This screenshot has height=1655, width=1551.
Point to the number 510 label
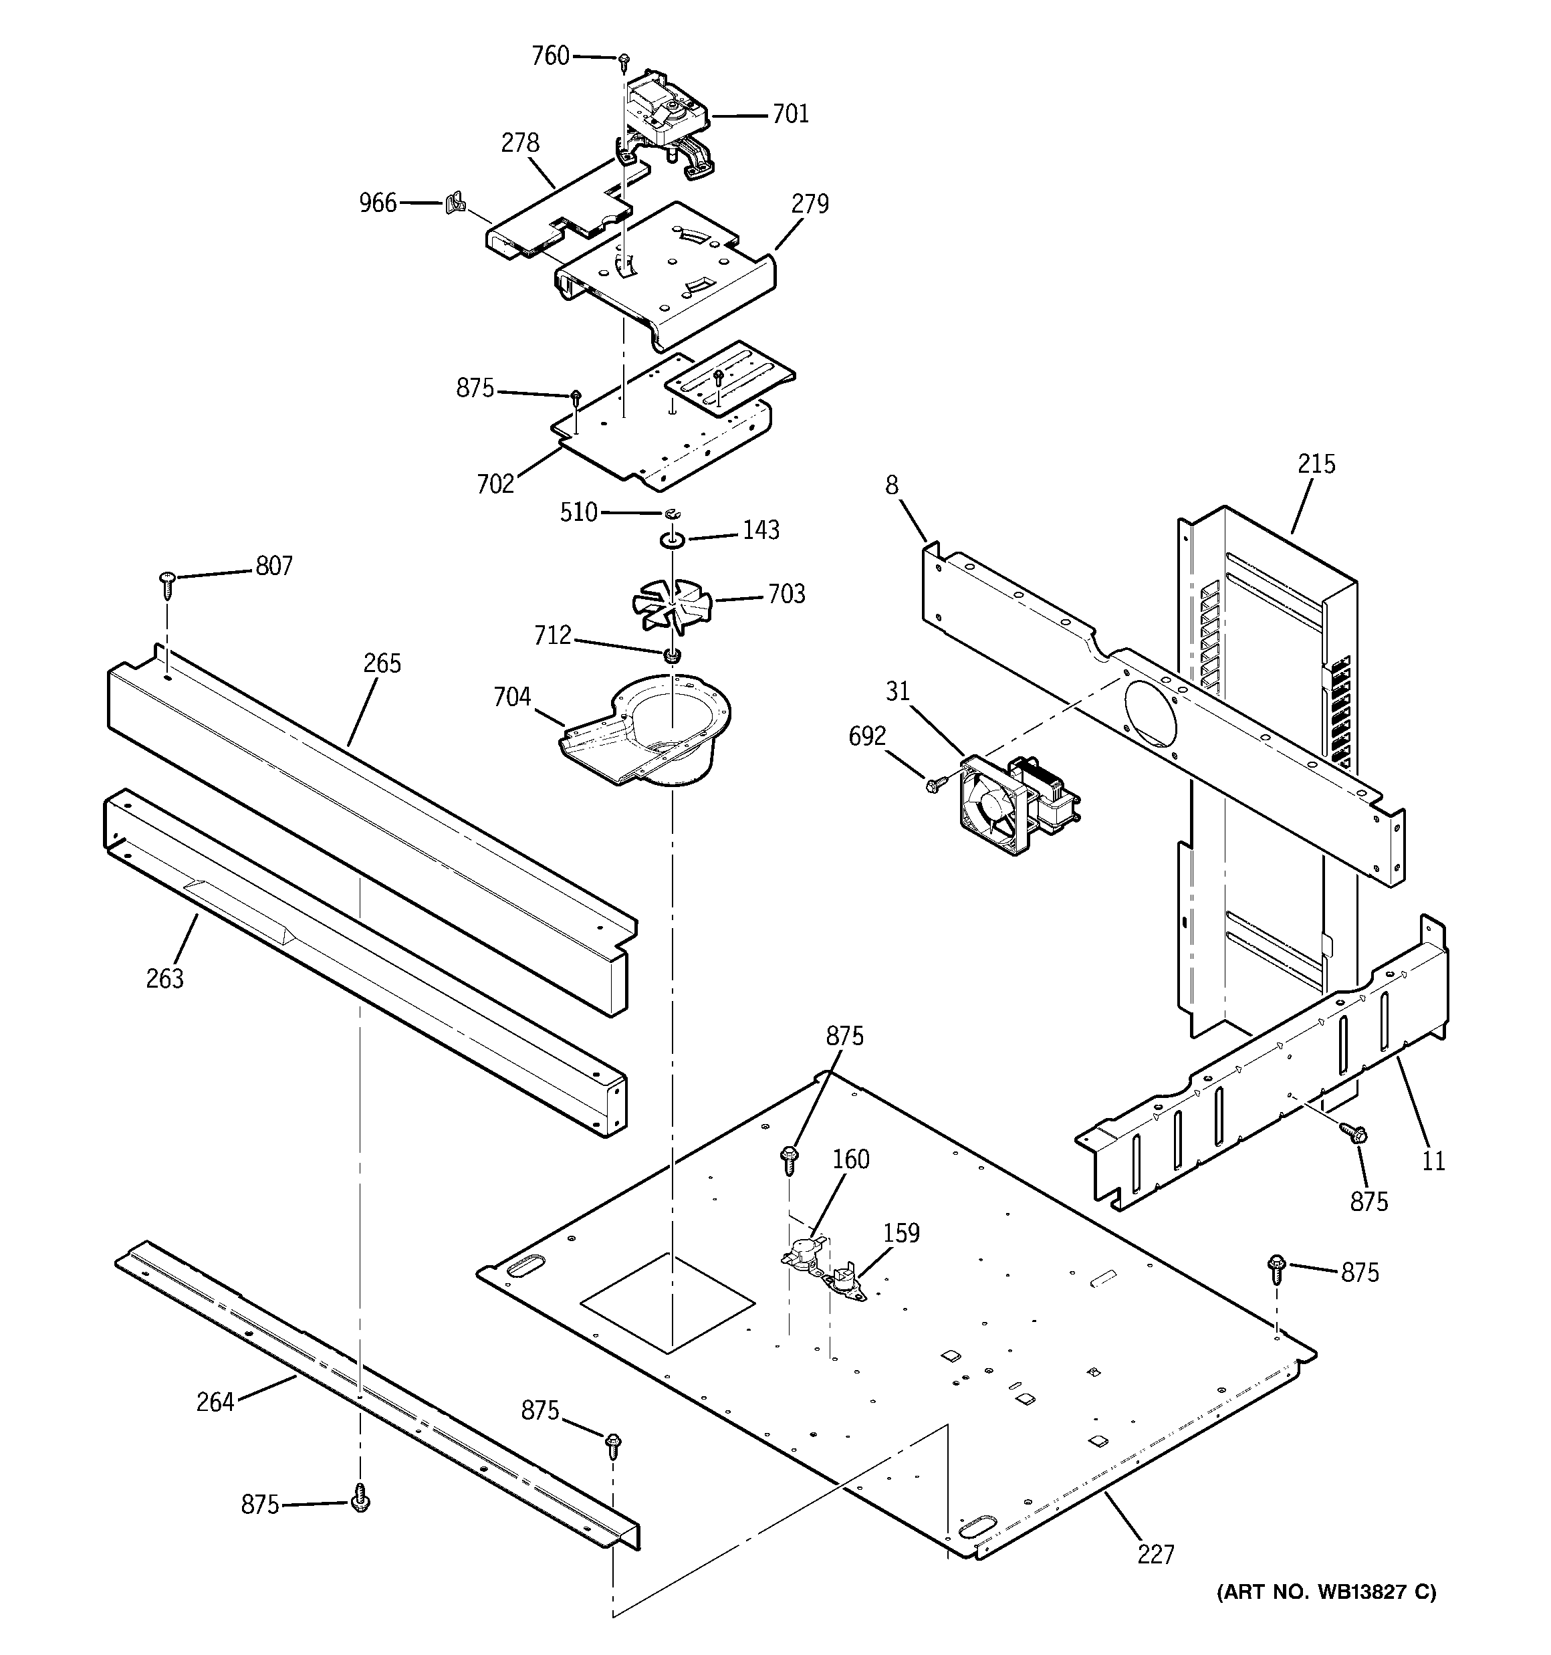click(x=578, y=512)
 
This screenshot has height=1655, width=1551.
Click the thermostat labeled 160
click(x=804, y=1254)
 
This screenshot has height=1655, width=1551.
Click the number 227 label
click(x=1155, y=1553)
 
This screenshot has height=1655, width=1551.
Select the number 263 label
click(x=165, y=978)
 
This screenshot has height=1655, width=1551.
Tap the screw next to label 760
click(x=624, y=60)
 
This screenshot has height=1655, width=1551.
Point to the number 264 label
click(x=215, y=1402)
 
